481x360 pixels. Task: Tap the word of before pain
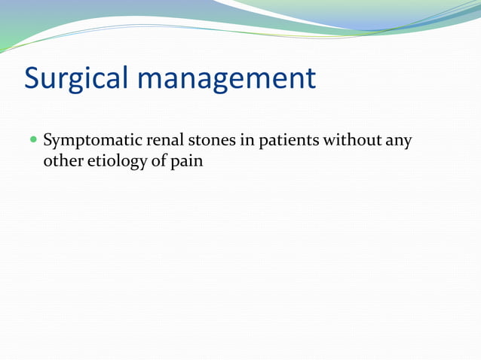click(x=163, y=161)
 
